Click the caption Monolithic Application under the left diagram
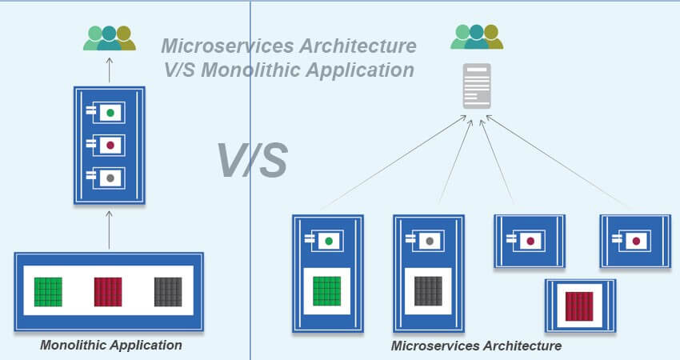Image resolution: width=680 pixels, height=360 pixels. click(x=111, y=346)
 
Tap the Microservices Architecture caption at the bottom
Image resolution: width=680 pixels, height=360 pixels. click(x=476, y=346)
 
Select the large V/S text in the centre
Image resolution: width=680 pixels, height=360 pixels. click(x=252, y=160)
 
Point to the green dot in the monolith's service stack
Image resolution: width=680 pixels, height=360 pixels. click(x=110, y=113)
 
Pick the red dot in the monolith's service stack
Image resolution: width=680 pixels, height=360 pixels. click(x=110, y=145)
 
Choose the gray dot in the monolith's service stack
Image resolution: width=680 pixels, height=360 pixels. click(x=110, y=178)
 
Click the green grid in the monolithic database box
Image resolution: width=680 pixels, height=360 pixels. click(x=48, y=291)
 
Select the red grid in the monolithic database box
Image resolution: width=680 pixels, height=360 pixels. click(x=108, y=291)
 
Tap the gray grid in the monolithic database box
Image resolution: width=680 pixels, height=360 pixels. click(x=168, y=291)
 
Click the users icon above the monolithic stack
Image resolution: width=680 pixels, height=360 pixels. click(x=109, y=38)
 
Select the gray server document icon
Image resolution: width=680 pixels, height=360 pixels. click(x=477, y=86)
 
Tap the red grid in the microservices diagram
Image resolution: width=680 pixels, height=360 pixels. click(x=579, y=306)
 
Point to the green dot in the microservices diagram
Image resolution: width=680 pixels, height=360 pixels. click(x=327, y=240)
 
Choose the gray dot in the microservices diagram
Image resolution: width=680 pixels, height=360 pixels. click(x=430, y=240)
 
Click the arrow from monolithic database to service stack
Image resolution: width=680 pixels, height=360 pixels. click(x=110, y=230)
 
